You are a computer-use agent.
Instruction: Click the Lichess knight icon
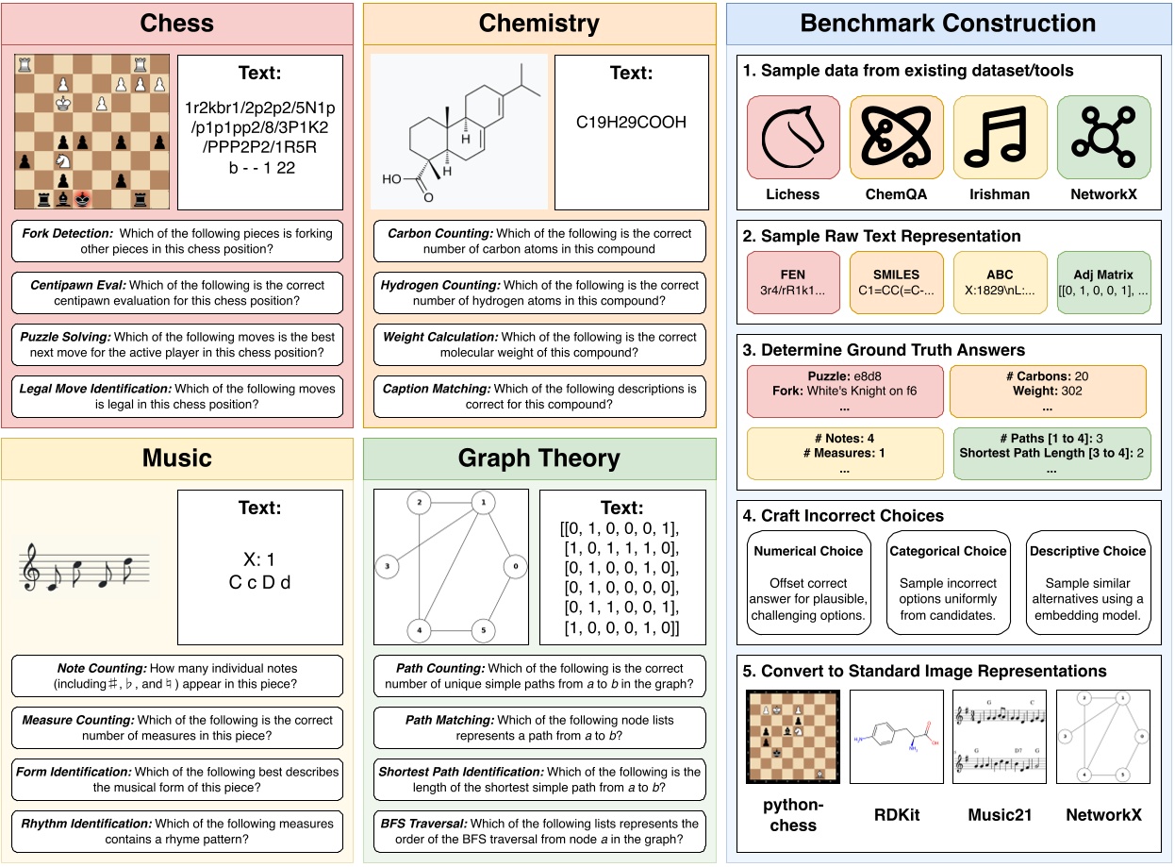click(793, 138)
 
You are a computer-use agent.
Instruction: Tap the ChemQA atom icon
click(897, 138)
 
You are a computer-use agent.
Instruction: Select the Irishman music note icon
click(1000, 138)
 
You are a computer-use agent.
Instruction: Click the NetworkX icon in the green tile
click(1102, 138)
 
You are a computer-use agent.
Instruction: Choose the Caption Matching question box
click(539, 397)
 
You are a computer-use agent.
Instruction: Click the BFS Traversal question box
click(539, 831)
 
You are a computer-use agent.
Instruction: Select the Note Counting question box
click(178, 675)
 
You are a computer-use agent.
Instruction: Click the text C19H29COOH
click(631, 122)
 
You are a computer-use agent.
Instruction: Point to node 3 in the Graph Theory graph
click(386, 567)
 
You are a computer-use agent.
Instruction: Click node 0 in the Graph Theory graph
click(514, 568)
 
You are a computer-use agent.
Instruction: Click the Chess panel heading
click(177, 23)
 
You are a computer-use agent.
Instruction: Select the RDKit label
click(896, 814)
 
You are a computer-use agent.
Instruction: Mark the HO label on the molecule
click(391, 177)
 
